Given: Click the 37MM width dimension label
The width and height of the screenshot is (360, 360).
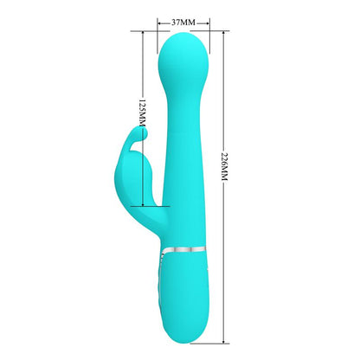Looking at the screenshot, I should pos(183,19).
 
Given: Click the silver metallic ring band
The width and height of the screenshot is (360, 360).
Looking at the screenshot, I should pos(182,247).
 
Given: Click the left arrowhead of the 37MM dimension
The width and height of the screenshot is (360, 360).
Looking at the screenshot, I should pos(160,19).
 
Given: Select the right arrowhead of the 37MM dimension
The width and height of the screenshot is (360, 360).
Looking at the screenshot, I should pos(206,19).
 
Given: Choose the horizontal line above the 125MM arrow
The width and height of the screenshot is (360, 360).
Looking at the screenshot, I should pos(147,29).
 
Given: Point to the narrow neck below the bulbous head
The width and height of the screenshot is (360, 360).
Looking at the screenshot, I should pos(183,95).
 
